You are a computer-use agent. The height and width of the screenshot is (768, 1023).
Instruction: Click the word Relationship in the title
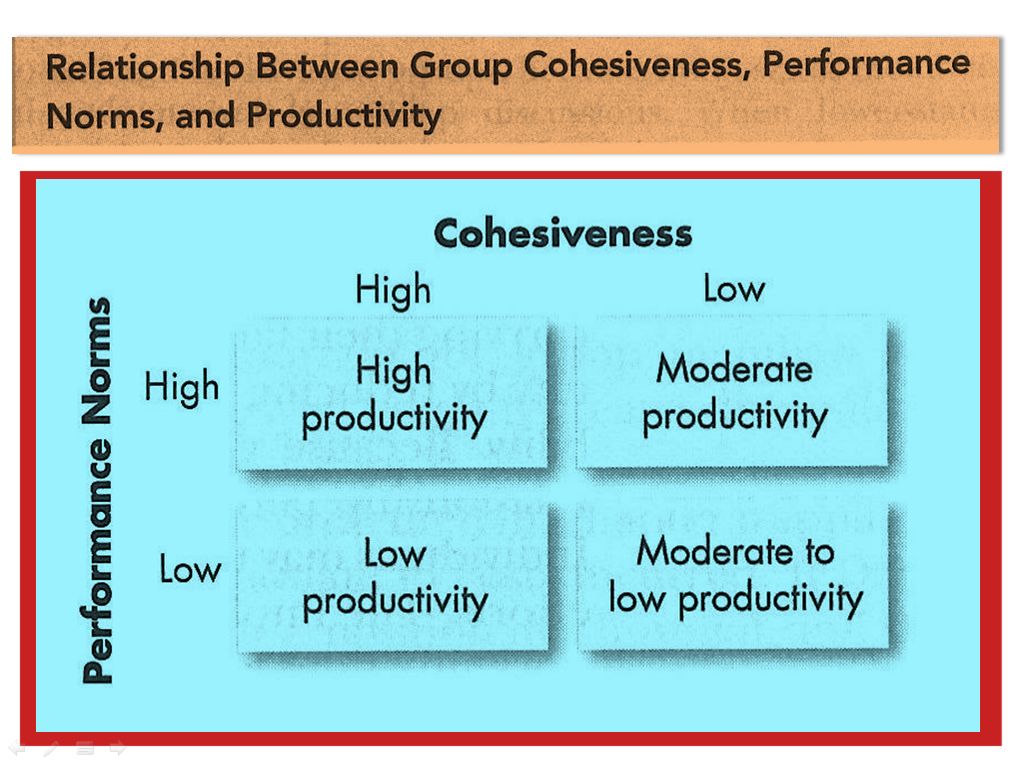pyautogui.click(x=145, y=68)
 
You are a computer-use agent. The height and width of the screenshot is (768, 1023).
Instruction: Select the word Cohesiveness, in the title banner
pyautogui.click(x=636, y=65)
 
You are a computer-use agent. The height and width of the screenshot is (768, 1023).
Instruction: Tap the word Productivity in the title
pyautogui.click(x=344, y=117)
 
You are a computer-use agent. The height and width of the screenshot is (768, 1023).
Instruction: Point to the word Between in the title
pyautogui.click(x=327, y=67)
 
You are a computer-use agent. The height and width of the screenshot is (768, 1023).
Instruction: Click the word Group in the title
pyautogui.click(x=462, y=67)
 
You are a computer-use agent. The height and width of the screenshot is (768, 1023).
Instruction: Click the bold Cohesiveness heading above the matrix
pyautogui.click(x=563, y=233)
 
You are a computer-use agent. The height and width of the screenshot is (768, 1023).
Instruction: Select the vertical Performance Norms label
pyautogui.click(x=97, y=490)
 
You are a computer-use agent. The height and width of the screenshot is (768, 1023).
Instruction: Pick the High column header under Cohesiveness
pyautogui.click(x=394, y=290)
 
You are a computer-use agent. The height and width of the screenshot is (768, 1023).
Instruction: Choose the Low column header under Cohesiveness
pyautogui.click(x=734, y=289)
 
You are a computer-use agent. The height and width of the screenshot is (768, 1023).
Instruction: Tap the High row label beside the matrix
pyautogui.click(x=182, y=387)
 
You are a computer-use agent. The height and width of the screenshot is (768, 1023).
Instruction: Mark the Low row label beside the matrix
pyautogui.click(x=191, y=569)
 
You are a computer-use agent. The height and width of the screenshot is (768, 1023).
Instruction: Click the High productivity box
pyautogui.click(x=392, y=394)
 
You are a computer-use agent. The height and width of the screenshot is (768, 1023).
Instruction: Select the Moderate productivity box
pyautogui.click(x=732, y=392)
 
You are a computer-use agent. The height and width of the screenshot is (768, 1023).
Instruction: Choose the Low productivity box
pyautogui.click(x=393, y=577)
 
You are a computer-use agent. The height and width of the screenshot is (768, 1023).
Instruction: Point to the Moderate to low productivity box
pyautogui.click(x=733, y=575)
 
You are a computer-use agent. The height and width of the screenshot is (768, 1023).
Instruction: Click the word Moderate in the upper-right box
pyautogui.click(x=734, y=369)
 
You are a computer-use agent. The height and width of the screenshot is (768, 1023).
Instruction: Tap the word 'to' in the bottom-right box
pyautogui.click(x=819, y=552)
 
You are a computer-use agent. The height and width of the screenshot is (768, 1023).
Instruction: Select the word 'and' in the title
pyautogui.click(x=205, y=116)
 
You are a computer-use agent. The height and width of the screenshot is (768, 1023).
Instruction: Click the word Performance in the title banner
pyautogui.click(x=866, y=64)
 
